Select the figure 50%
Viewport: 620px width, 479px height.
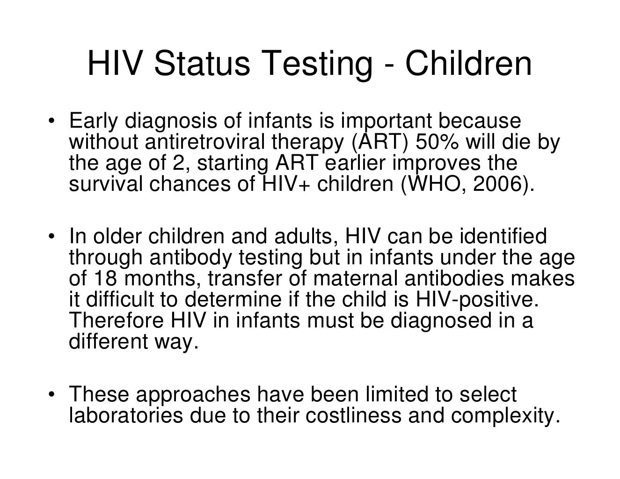438,142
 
